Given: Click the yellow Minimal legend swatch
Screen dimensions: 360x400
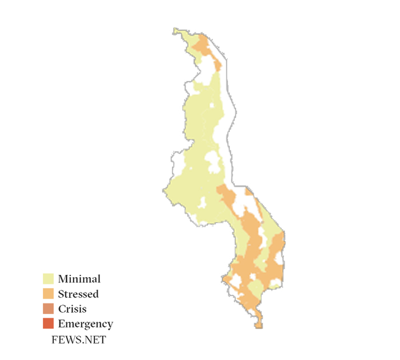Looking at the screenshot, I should point(49,279).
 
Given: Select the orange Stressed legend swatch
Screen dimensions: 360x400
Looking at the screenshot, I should point(49,294).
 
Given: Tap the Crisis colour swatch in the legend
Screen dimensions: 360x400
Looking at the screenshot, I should point(49,309).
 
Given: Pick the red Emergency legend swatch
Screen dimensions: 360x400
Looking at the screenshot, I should point(49,324).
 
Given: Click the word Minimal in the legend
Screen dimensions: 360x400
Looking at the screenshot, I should point(79,279).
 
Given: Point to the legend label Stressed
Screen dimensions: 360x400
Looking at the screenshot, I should point(78,294).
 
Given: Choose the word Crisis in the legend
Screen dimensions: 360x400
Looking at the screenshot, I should point(72,309).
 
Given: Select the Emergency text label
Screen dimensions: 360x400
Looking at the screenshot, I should point(85,324).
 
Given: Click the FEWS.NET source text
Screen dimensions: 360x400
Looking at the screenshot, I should point(78,339).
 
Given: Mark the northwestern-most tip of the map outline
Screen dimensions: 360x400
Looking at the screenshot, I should point(175,29).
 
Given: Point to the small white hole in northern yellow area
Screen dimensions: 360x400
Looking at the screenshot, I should point(213,106).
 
